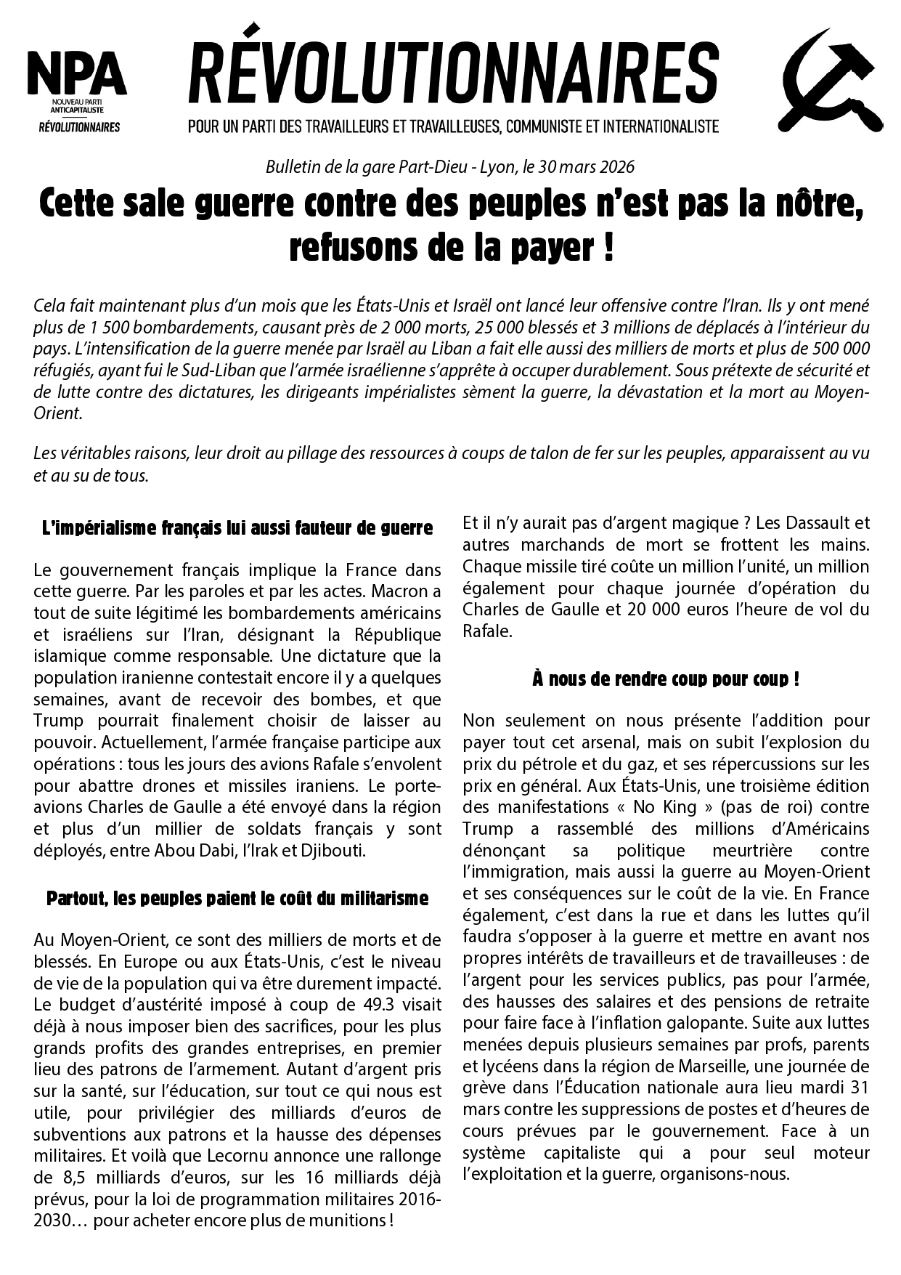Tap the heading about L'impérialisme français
pyautogui.click(x=237, y=528)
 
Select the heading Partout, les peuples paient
pyautogui.click(x=237, y=899)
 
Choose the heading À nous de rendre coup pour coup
pyautogui.click(x=666, y=679)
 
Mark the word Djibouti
pyautogui.click(x=333, y=850)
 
